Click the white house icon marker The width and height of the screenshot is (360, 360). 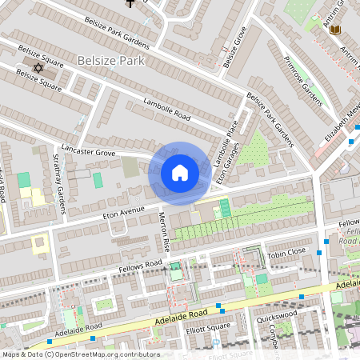point(179,173)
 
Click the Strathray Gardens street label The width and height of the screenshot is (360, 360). point(58,184)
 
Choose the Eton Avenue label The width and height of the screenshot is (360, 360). point(122,213)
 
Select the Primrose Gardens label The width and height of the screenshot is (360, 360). point(307,86)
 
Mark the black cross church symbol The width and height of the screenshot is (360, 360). point(130,3)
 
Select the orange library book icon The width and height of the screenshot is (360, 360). point(335,30)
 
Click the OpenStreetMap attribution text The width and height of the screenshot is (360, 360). point(80,354)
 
